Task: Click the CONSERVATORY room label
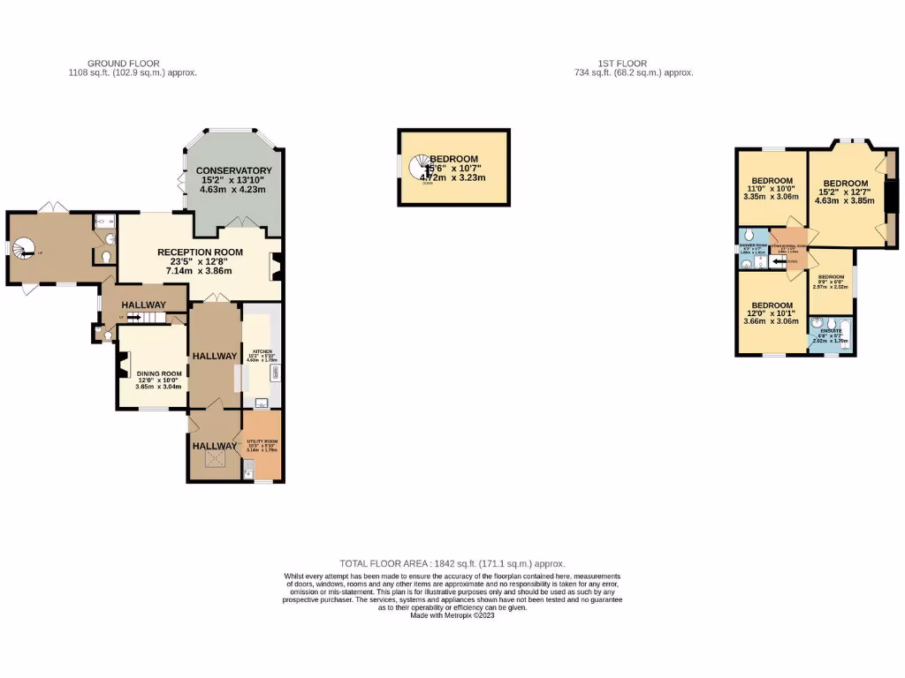click(x=234, y=170)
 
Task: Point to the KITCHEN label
click(x=262, y=351)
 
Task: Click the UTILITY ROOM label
click(x=262, y=441)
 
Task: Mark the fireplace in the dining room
click(x=123, y=365)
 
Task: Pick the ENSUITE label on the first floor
click(x=831, y=331)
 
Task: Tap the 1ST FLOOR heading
click(x=622, y=64)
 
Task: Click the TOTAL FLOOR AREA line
click(x=452, y=563)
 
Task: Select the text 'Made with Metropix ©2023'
click(x=452, y=615)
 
